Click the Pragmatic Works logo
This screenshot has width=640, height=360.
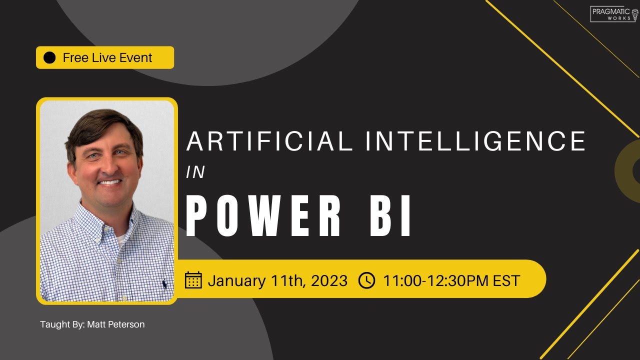[x=614, y=14]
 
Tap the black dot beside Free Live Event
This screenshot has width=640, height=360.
[x=49, y=58]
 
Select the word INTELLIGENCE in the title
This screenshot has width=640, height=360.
[x=475, y=141]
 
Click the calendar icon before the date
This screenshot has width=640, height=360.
[x=193, y=280]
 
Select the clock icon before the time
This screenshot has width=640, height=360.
[x=366, y=280]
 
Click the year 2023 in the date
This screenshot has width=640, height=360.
[x=329, y=280]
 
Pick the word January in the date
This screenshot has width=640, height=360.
[x=236, y=280]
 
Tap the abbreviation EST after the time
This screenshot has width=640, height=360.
[x=506, y=280]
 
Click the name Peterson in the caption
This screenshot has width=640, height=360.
[x=126, y=324]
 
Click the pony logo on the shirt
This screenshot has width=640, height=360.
[x=164, y=284]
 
